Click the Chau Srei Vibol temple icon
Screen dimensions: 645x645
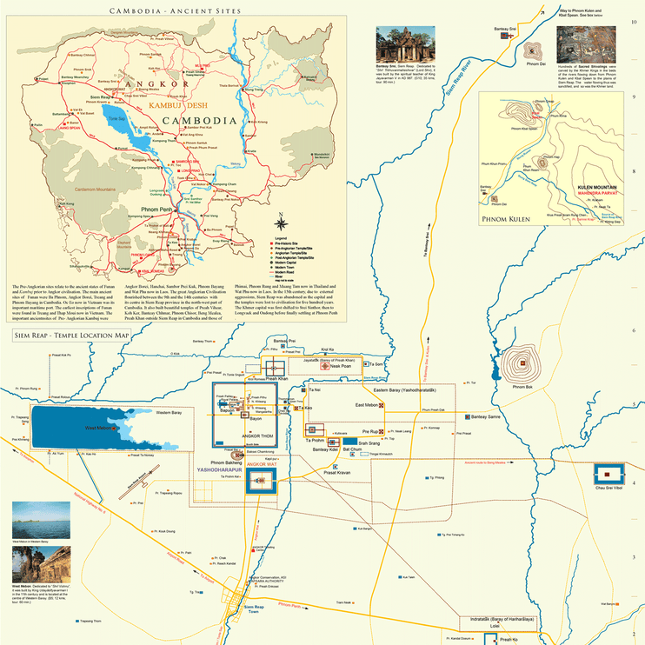[611, 475]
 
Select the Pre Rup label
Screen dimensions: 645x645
[366, 431]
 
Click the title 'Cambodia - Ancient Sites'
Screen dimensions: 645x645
[163, 10]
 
